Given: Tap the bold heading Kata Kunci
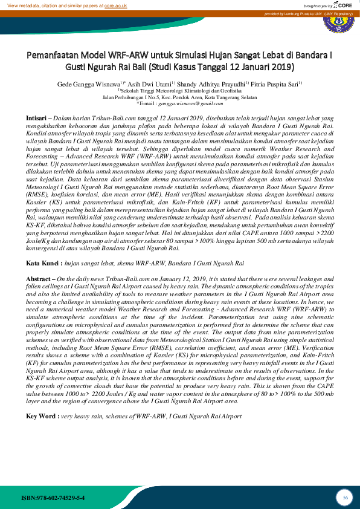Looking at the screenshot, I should pyautogui.click(x=43, y=264).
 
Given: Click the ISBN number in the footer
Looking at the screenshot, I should pyautogui.click(x=53, y=497).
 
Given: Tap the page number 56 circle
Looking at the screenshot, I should pyautogui.click(x=345, y=497).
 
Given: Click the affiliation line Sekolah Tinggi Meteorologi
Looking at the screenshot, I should pyautogui.click(x=179, y=90).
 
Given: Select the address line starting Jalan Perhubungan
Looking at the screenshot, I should pyautogui.click(x=179, y=97).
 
